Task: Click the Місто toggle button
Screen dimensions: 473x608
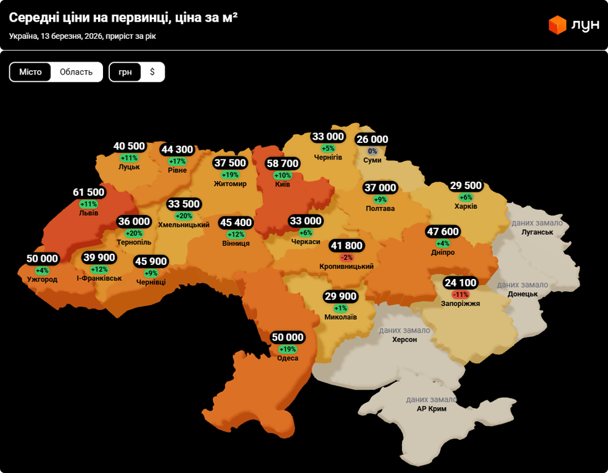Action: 30,72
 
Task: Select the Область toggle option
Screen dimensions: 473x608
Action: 76,72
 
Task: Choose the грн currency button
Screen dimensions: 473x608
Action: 125,72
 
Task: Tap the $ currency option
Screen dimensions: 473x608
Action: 152,72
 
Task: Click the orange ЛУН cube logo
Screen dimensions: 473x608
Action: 557,25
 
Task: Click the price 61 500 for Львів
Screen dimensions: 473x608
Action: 89,193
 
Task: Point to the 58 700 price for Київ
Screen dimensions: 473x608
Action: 282,164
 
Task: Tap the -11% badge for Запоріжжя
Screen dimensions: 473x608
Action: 461,294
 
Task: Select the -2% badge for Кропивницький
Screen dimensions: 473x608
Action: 347,257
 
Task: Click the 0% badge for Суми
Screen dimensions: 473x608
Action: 372,151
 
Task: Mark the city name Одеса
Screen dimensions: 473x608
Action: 287,358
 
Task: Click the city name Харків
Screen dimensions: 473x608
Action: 466,206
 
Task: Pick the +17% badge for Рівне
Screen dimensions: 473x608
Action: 177,161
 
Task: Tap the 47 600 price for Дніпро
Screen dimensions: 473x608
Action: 443,232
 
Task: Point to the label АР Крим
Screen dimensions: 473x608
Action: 432,408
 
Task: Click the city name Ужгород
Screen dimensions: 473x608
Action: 42,280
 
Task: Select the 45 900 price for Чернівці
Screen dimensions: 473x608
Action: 150,262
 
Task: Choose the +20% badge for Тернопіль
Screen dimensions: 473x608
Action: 134,233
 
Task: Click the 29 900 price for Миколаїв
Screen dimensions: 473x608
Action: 340,297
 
